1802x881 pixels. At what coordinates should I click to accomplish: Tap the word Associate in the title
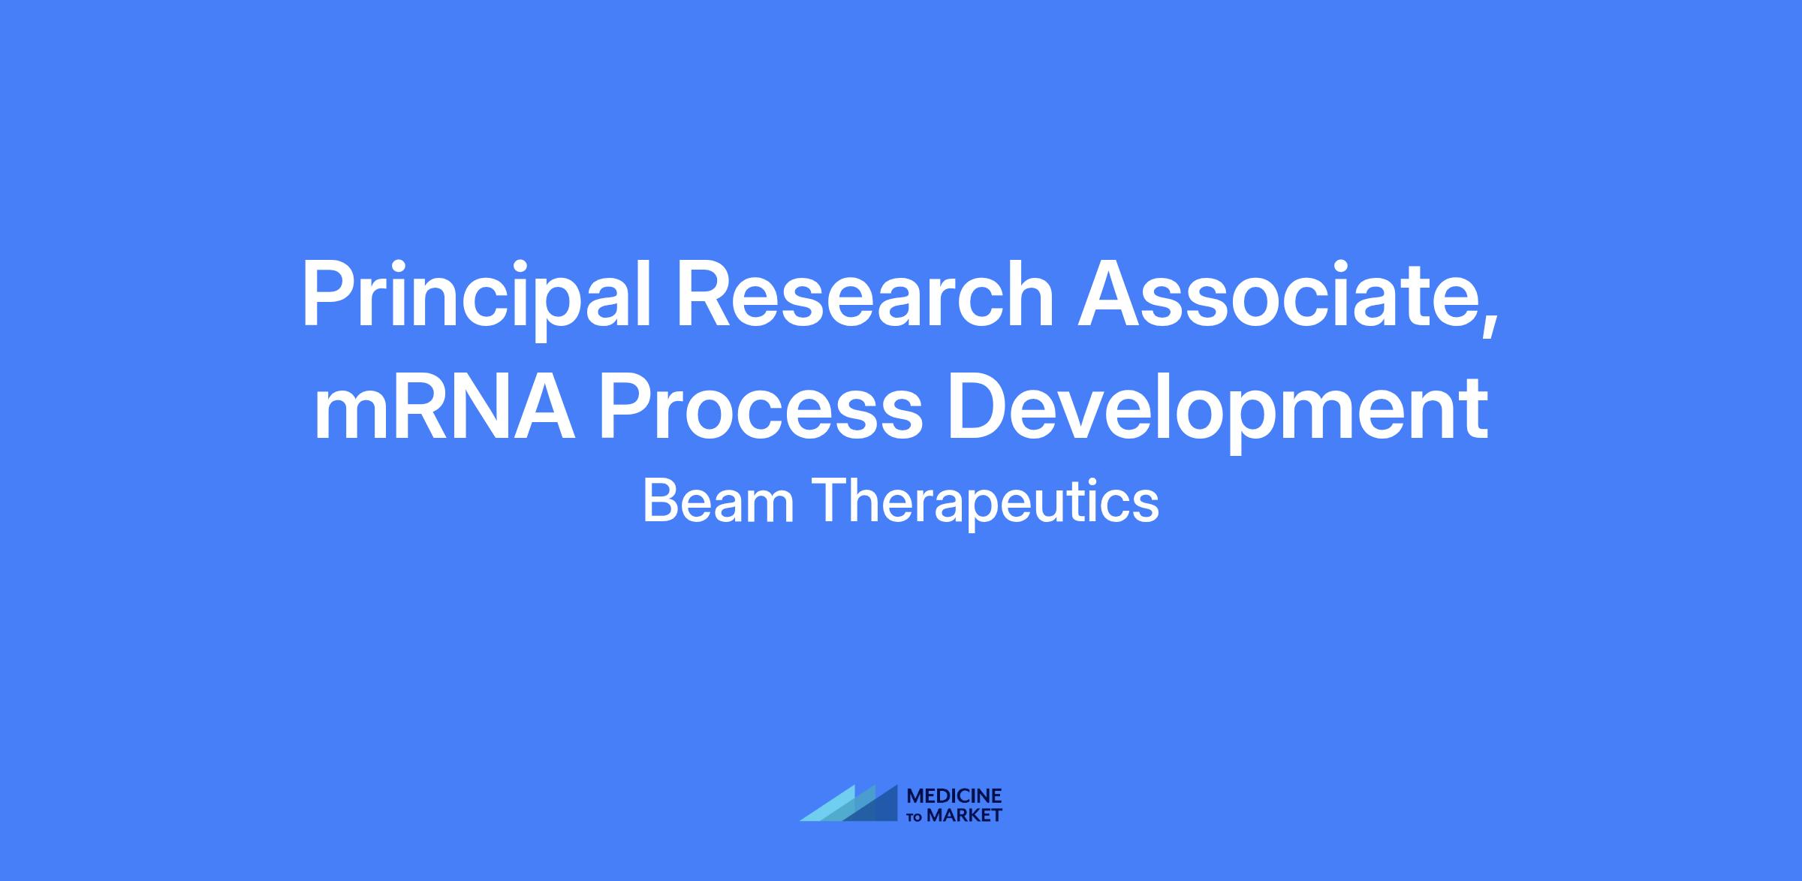[1273, 294]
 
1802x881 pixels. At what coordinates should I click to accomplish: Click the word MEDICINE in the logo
[954, 796]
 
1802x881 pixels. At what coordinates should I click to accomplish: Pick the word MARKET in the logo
[964, 815]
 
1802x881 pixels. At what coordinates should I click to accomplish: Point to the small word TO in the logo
[916, 816]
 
